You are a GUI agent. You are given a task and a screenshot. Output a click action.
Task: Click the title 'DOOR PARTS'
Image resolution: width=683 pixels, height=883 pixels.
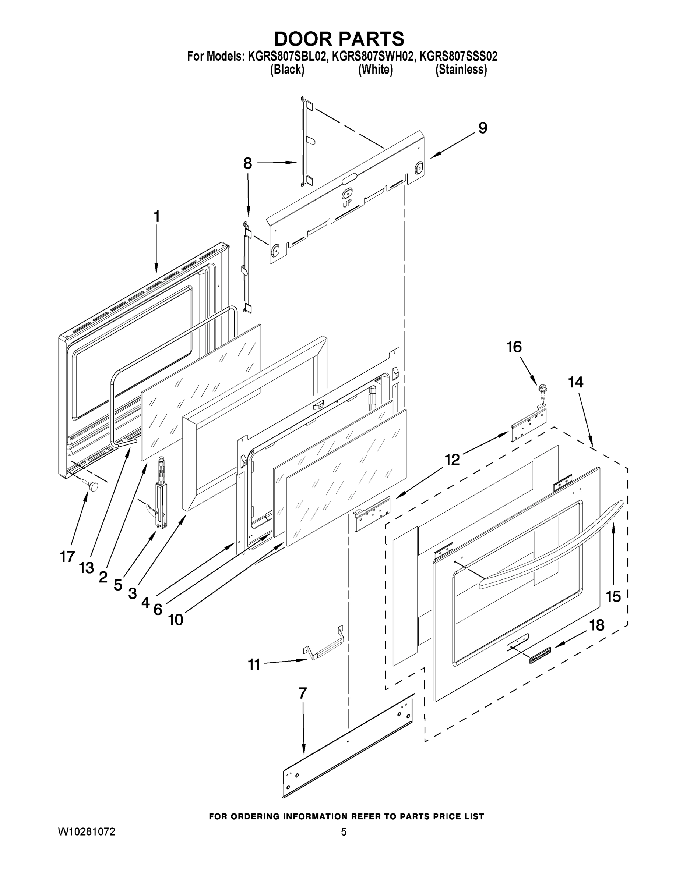click(339, 39)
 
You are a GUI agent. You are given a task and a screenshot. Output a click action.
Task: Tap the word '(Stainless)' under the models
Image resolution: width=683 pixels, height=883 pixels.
click(461, 70)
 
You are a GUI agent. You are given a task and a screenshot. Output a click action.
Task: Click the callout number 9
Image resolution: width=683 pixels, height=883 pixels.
click(483, 128)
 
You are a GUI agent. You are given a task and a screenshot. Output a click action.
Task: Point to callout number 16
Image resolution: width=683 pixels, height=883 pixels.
click(514, 347)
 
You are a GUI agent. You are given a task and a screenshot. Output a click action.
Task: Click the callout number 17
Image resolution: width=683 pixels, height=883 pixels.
click(67, 557)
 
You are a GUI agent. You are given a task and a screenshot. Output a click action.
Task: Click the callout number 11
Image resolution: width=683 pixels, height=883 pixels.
click(254, 664)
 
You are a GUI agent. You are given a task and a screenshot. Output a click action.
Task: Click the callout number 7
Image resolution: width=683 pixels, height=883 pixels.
click(303, 693)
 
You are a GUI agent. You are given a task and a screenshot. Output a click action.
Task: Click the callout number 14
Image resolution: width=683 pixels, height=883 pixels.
click(576, 382)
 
